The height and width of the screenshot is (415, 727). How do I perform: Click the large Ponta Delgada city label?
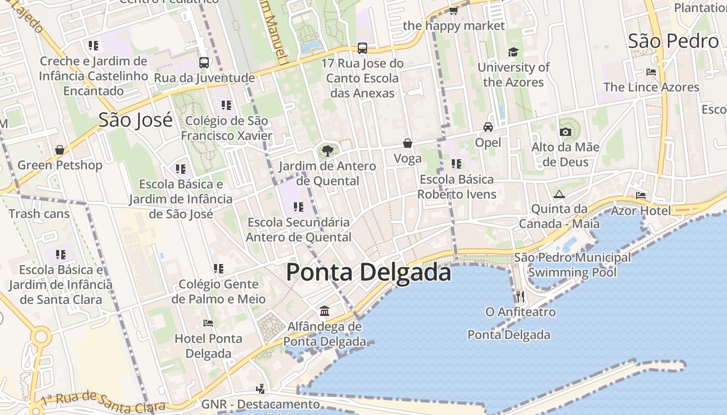368,272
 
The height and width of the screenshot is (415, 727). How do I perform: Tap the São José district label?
136,120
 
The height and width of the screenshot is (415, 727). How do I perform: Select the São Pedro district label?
673,41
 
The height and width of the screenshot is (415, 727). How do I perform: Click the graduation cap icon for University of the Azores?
513,52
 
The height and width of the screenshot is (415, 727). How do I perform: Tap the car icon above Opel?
488,127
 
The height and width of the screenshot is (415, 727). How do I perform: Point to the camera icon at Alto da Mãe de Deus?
566,132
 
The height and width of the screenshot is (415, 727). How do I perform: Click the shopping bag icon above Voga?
408,143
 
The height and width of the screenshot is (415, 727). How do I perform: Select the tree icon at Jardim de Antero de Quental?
327,151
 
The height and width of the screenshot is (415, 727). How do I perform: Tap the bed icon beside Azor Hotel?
641,196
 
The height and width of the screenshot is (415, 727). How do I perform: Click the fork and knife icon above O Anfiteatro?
520,296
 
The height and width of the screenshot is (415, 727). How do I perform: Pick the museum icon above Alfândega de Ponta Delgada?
325,311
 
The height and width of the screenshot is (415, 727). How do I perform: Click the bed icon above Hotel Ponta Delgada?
208,323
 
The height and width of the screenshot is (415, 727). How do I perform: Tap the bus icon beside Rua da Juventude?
204,63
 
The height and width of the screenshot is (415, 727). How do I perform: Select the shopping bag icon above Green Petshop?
60,150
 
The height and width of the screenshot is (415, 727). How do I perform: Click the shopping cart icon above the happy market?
453,10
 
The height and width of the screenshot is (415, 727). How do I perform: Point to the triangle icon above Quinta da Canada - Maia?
559,195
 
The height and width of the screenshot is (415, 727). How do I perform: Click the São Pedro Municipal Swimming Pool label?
572,265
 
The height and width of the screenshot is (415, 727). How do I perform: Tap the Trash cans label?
39,213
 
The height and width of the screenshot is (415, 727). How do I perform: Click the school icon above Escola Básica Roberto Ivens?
456,164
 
